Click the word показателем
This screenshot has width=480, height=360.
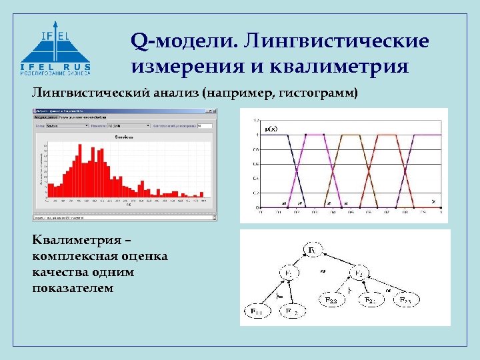tap(73, 288)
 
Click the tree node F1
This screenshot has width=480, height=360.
tap(292, 273)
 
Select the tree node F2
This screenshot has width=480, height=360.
tap(359, 273)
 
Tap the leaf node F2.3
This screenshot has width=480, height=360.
tap(407, 301)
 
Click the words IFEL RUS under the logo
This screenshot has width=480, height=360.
tap(56, 67)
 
